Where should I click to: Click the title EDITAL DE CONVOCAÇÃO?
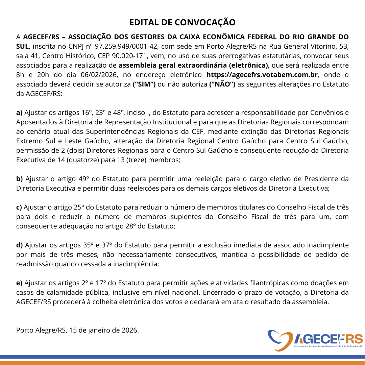pyautogui.click(x=182, y=22)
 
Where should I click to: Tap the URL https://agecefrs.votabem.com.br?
pyautogui.click(x=262, y=75)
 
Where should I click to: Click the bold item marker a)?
pyautogui.click(x=19, y=113)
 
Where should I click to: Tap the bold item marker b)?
pyautogui.click(x=20, y=179)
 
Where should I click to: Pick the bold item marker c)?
pyautogui.click(x=19, y=207)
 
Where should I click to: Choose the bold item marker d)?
pyautogui.click(x=20, y=245)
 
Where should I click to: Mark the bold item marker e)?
pyautogui.click(x=20, y=283)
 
